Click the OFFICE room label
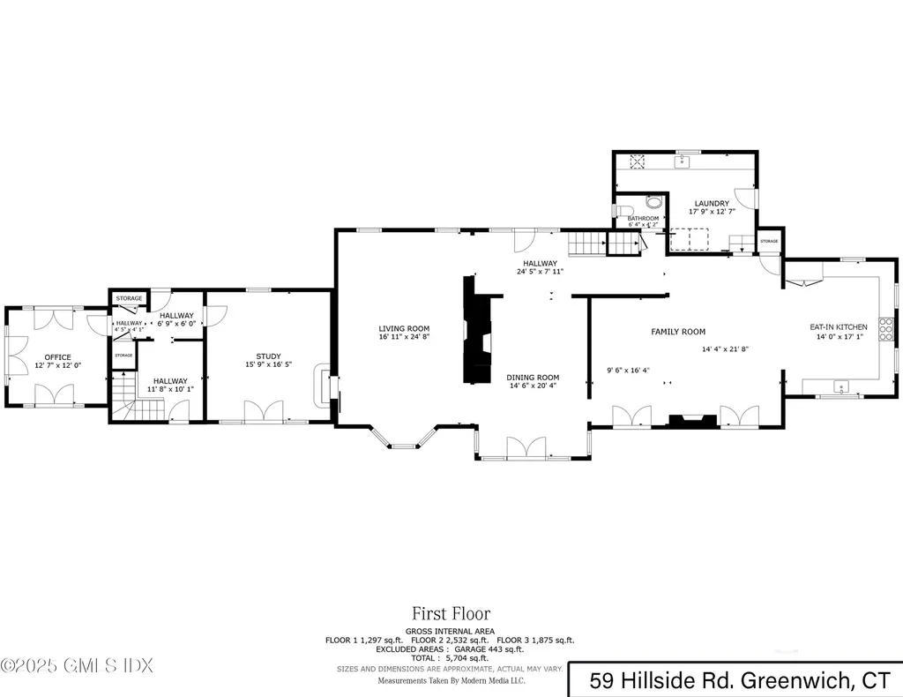(52, 356)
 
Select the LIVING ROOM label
(404, 328)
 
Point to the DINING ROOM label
(533, 378)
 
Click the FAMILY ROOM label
(678, 332)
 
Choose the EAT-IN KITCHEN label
(839, 327)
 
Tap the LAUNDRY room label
(712, 203)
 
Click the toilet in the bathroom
(651, 202)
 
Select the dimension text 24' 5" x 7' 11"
(540, 272)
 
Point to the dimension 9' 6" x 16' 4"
(628, 370)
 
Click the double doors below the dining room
(526, 449)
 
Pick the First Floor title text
(451, 613)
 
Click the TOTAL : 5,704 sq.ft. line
(451, 658)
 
